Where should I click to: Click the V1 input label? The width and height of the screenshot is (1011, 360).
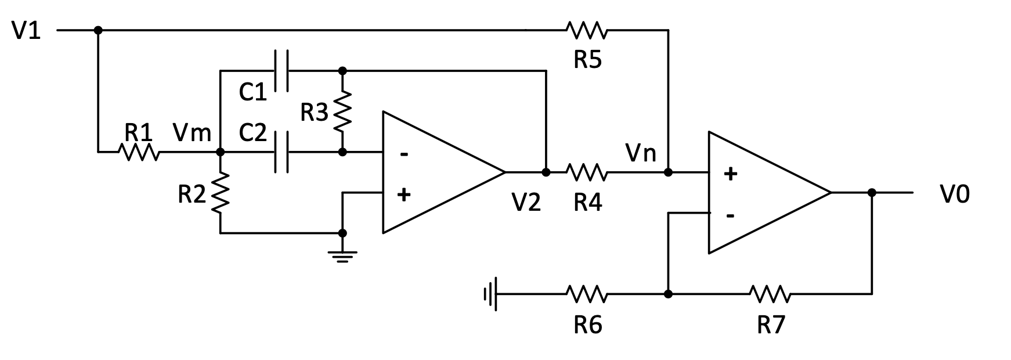[x=26, y=30]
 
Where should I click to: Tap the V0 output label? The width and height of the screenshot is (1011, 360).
[x=955, y=194]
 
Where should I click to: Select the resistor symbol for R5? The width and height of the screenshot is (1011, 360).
[x=587, y=30]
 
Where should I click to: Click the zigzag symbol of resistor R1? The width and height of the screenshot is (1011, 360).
[x=139, y=153]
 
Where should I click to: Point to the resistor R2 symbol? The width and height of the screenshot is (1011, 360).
[x=221, y=192]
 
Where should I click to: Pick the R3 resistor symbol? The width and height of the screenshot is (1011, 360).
[x=342, y=111]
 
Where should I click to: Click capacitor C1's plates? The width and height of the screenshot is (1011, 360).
[x=281, y=71]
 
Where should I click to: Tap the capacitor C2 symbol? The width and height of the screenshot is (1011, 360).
[x=281, y=153]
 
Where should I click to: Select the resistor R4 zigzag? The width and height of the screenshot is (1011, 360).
[x=587, y=172]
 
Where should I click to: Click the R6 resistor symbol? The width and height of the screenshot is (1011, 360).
[x=587, y=294]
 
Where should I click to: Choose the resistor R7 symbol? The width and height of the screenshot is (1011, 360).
[x=770, y=294]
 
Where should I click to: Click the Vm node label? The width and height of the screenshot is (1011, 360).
[x=192, y=133]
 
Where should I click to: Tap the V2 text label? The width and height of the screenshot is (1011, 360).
[x=526, y=201]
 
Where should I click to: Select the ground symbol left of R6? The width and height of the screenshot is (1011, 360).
[x=491, y=294]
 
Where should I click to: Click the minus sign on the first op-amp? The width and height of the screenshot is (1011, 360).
[x=404, y=154]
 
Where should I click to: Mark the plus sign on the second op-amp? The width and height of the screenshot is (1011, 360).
[x=731, y=173]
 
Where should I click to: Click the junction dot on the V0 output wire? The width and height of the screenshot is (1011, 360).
[x=871, y=193]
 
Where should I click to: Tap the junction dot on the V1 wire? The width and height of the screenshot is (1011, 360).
[x=98, y=30]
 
